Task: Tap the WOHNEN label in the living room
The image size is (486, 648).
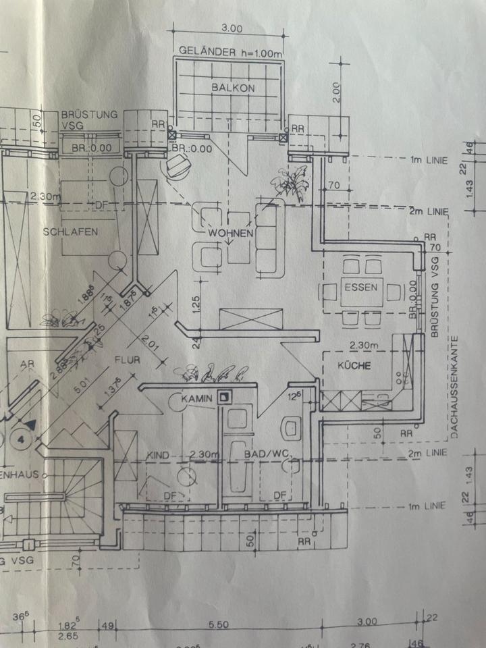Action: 230,234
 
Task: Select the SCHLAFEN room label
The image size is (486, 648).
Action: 71,232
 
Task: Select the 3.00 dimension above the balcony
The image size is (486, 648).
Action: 231,28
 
